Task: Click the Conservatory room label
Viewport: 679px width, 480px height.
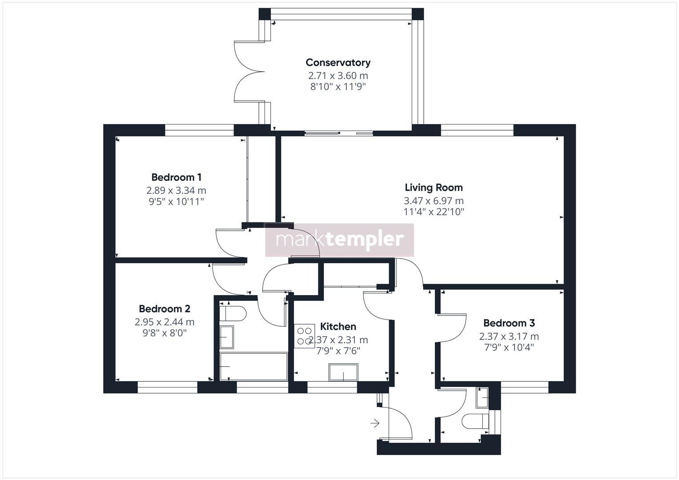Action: point(338,63)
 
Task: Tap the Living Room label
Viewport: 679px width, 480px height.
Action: point(434,188)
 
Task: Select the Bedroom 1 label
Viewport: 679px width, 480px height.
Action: point(176,177)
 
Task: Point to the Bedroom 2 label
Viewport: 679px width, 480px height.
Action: point(165,309)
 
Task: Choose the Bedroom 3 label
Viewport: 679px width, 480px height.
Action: point(509,323)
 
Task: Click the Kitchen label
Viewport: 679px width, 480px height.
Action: point(338,327)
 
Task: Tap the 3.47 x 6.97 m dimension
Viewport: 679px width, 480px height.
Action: point(434,201)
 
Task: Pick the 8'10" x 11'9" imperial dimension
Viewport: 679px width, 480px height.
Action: point(338,87)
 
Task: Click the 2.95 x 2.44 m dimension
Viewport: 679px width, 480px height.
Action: point(165,322)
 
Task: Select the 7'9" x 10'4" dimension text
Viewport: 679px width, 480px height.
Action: point(509,347)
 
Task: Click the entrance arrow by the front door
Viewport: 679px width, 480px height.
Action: point(375,423)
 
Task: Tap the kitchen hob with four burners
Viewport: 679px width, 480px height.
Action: point(304,336)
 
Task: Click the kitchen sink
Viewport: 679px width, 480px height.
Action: point(343,372)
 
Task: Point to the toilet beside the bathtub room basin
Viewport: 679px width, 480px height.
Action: point(233,313)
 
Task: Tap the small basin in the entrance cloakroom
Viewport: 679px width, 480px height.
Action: point(482,398)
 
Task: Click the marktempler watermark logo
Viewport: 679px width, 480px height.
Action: point(340,240)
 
